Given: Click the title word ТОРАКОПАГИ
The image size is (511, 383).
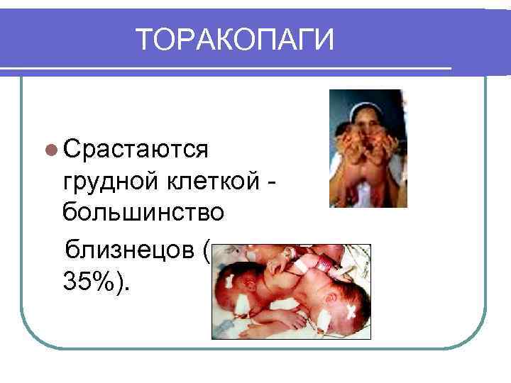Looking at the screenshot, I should (x=234, y=40).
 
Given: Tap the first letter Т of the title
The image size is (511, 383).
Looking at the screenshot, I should (x=144, y=40).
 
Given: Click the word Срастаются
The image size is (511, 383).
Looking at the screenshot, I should (x=135, y=150).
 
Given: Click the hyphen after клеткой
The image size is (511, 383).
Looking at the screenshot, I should (x=273, y=184).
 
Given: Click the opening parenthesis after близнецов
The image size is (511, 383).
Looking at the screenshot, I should (x=206, y=251).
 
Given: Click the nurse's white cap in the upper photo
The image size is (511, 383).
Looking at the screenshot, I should (x=368, y=104).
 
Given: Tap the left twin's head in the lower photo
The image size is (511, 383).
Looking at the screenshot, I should (x=238, y=288).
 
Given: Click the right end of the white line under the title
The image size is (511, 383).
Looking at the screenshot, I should (x=450, y=68).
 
